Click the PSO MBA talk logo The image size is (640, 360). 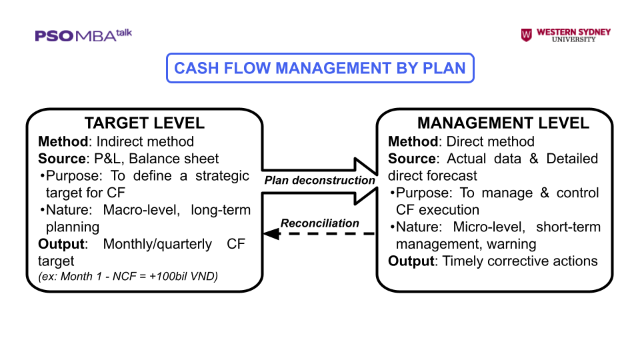pos(83,35)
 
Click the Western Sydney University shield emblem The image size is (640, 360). pos(527,35)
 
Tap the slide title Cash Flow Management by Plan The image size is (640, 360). pos(319,68)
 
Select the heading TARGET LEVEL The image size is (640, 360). pos(144,123)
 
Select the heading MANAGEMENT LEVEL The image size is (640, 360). pos(503,123)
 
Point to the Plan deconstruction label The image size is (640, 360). pos(320,180)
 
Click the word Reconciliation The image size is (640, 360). pos(320,223)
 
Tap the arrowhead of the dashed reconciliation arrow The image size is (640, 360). pos(269,233)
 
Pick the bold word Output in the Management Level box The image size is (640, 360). pos(411,261)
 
